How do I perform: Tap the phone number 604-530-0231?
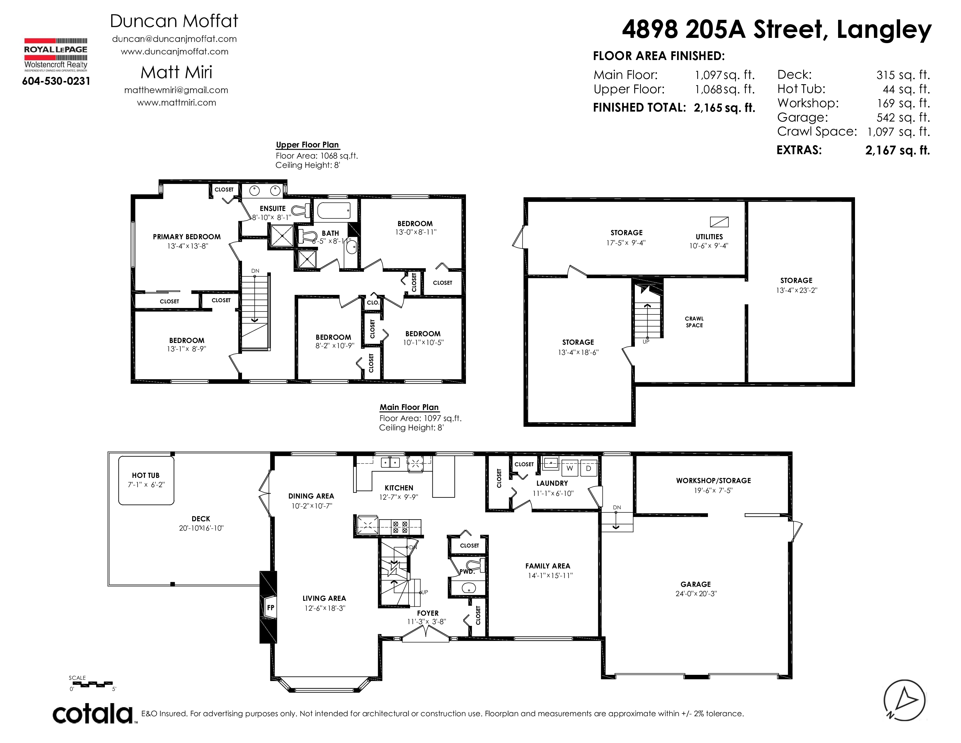click(x=56, y=81)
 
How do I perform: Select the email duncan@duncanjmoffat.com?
click(x=174, y=39)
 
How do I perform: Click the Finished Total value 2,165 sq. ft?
click(x=724, y=108)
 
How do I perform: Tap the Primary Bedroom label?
click(x=187, y=237)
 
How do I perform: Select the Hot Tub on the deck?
click(x=146, y=480)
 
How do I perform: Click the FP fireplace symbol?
click(x=270, y=608)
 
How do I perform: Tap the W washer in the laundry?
click(x=569, y=468)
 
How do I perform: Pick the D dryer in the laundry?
click(x=588, y=468)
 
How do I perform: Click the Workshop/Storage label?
click(x=713, y=481)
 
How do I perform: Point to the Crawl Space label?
click(x=694, y=322)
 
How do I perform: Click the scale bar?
click(x=92, y=684)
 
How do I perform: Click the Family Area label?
click(x=547, y=566)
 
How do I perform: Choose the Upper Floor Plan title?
click(x=307, y=145)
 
